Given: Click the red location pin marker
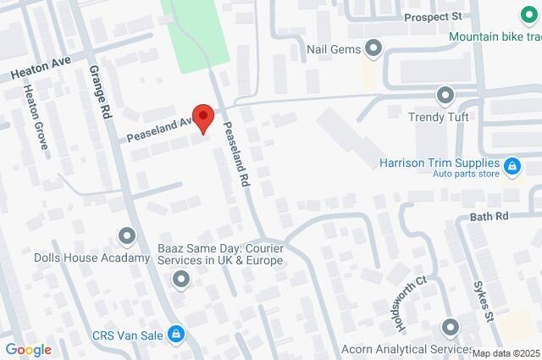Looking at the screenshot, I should [x=202, y=119].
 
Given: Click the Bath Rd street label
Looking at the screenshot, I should [x=489, y=217].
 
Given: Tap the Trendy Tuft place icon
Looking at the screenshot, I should [x=445, y=94].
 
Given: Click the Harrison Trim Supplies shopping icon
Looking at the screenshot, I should [x=512, y=167].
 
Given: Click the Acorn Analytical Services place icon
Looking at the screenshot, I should [x=450, y=326].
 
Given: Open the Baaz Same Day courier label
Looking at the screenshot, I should [x=219, y=254].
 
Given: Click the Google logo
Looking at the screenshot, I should [x=28, y=349].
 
